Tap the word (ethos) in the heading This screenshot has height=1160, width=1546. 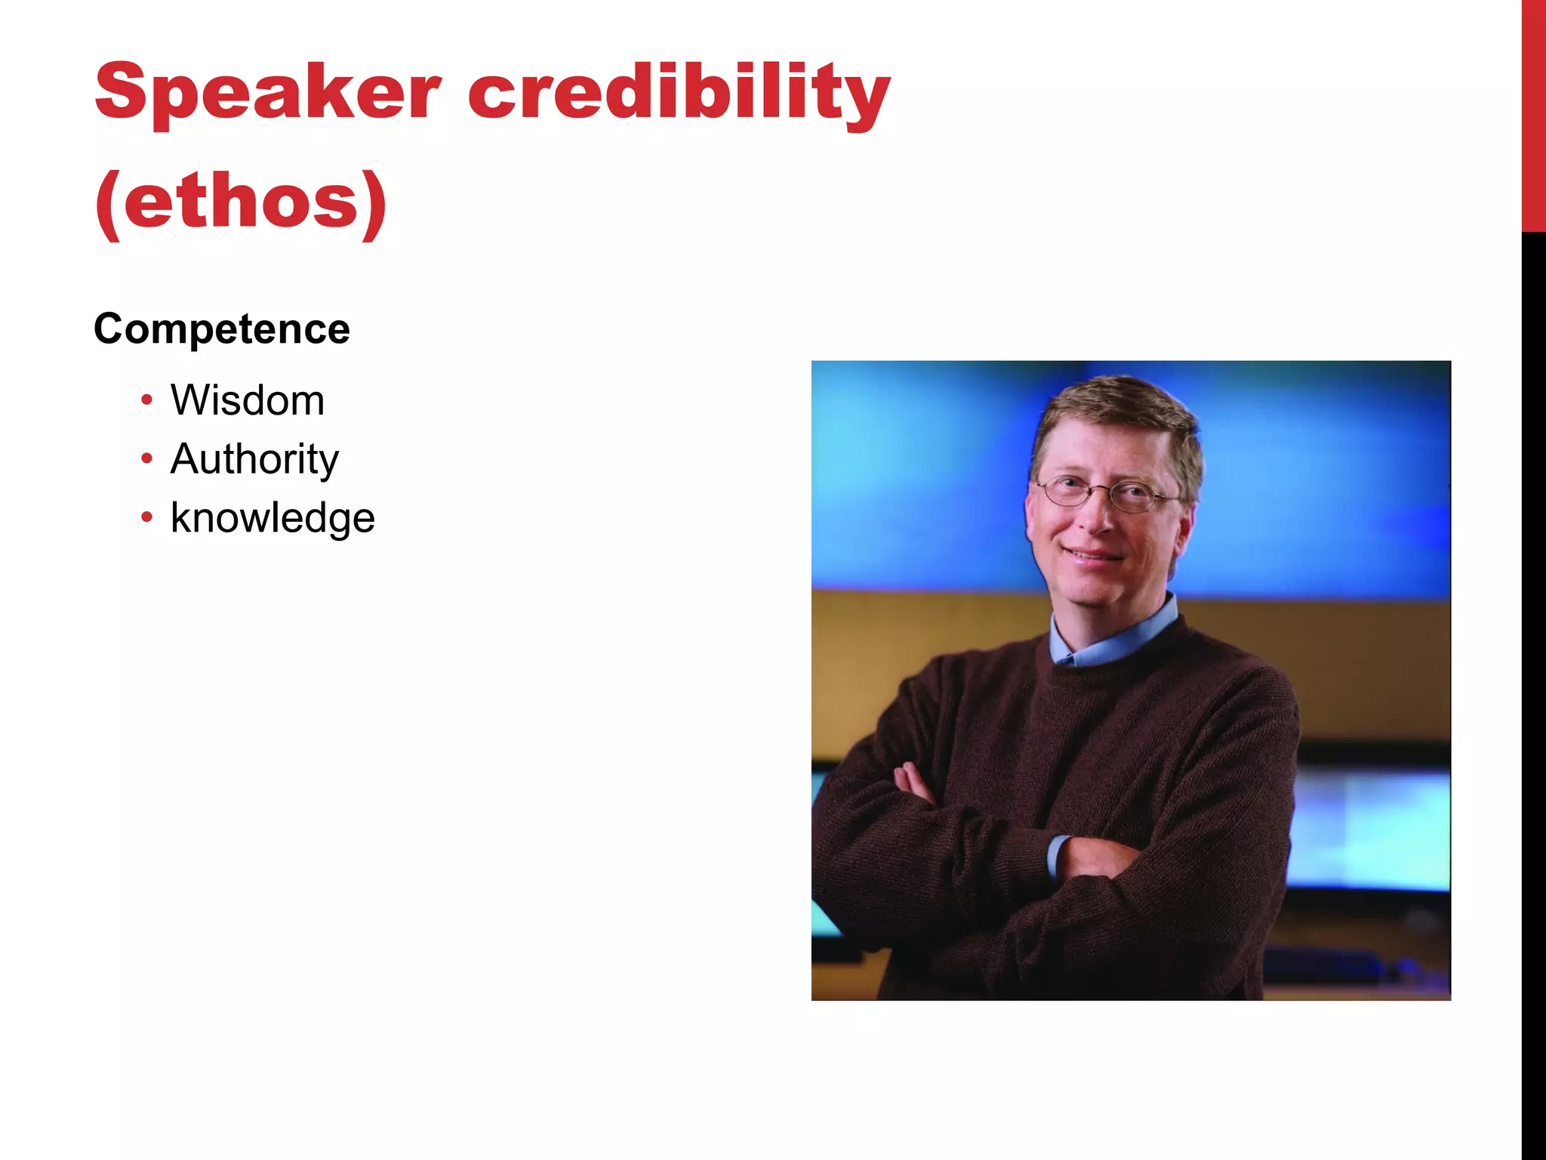pyautogui.click(x=240, y=201)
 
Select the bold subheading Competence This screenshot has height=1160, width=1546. pyautogui.click(x=222, y=329)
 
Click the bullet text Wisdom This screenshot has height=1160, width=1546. pyautogui.click(x=248, y=400)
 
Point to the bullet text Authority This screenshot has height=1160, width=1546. pyautogui.click(x=254, y=459)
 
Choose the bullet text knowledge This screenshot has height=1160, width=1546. pyautogui.click(x=273, y=518)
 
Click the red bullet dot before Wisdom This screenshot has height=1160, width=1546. pyautogui.click(x=146, y=400)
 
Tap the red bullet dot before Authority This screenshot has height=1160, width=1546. pyautogui.click(x=146, y=458)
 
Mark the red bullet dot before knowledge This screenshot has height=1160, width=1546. pyautogui.click(x=146, y=517)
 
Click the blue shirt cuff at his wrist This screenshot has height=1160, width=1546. pyautogui.click(x=1057, y=857)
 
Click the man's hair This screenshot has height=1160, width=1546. pyautogui.click(x=1117, y=412)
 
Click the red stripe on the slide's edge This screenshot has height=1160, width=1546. pyautogui.click(x=1533, y=113)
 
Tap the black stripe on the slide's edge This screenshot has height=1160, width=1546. pyautogui.click(x=1533, y=680)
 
